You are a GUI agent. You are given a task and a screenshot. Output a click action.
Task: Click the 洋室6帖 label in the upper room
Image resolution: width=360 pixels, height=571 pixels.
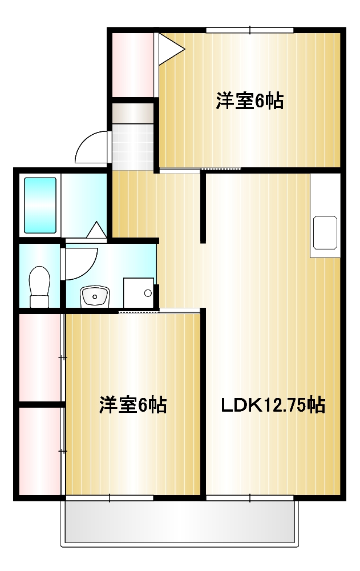point(250,101)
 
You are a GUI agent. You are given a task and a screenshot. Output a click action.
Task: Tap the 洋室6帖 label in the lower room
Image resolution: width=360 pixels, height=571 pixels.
point(133,405)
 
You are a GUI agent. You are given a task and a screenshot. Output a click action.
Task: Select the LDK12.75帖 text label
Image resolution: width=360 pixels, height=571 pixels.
point(273,405)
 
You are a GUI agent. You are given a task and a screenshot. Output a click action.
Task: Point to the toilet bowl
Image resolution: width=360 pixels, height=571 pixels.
point(39,285)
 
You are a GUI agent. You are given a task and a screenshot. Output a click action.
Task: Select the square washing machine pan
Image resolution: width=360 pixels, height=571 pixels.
point(139,293)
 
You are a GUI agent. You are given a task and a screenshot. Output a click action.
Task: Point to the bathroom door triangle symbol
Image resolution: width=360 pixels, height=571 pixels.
point(96,230)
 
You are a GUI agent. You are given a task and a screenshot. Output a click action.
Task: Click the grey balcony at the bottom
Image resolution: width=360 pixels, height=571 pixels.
point(180,522)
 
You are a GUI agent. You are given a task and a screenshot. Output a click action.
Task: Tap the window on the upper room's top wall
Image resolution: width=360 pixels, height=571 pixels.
point(250,30)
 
